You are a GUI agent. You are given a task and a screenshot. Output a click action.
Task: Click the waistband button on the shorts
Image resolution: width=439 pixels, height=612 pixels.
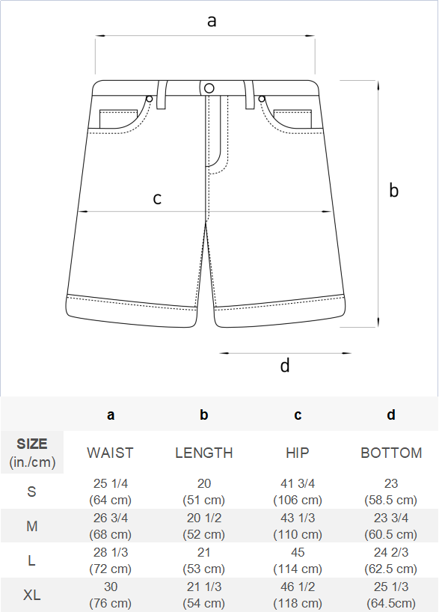pos(209,88)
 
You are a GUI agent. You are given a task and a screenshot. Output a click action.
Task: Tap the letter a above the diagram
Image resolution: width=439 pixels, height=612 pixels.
pos(212,21)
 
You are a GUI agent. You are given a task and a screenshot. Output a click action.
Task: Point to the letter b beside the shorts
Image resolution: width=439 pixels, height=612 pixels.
pos(393,190)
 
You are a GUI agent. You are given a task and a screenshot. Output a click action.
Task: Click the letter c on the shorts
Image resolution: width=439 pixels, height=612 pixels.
pos(157,198)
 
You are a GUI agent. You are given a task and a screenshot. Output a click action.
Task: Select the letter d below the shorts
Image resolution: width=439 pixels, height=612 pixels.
pos(285,365)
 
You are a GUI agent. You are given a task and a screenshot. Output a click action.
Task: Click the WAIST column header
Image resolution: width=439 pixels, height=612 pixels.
pos(110,453)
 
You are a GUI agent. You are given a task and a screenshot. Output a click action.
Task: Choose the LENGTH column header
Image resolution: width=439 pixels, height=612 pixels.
pos(204,453)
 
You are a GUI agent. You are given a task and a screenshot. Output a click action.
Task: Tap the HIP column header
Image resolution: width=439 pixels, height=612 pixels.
pos(298,453)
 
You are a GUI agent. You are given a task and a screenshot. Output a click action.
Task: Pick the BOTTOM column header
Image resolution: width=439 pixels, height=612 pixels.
pos(391,453)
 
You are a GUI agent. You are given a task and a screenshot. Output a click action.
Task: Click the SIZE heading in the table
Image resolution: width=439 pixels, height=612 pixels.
pos(32,444)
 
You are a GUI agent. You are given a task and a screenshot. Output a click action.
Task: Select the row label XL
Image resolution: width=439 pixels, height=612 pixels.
pos(32,596)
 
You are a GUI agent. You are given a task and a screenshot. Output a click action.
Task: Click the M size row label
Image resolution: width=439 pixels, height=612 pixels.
pos(32,526)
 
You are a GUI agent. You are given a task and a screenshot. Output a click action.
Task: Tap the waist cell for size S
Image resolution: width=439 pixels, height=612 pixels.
pos(111,492)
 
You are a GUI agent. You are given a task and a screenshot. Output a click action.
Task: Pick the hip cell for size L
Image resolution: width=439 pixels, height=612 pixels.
pos(298,560)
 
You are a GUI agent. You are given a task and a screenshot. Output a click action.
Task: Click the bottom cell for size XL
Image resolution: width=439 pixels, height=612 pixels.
pos(391,595)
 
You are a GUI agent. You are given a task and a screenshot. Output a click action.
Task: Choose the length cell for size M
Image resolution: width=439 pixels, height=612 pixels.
pos(204,526)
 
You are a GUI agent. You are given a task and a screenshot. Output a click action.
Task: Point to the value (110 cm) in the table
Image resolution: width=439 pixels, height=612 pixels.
pos(298,534)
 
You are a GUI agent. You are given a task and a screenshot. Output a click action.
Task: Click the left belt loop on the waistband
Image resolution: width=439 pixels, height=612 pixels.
pos(162,94)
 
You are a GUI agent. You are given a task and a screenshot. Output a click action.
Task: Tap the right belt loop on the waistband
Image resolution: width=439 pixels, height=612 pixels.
pos(249,94)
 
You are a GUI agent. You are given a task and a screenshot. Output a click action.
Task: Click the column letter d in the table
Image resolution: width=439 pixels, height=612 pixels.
pos(391,414)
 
